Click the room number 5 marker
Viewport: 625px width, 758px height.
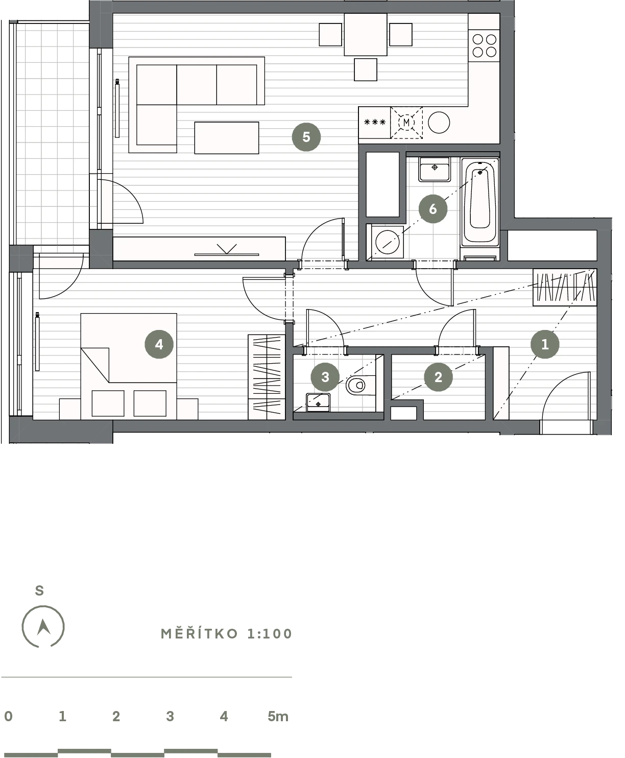[306, 137]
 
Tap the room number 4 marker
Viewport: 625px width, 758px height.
[159, 344]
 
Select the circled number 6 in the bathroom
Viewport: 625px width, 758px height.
[432, 209]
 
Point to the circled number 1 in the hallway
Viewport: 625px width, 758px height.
[545, 344]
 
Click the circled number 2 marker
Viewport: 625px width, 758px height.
[438, 377]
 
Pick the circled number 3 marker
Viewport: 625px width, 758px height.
[325, 377]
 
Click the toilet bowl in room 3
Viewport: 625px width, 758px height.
[359, 385]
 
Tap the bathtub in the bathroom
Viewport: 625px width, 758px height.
[480, 203]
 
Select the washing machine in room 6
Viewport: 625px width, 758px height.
[387, 242]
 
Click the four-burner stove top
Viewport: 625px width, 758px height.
[484, 46]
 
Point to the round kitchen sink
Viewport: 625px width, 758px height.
[439, 123]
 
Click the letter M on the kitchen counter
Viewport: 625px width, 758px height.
[406, 123]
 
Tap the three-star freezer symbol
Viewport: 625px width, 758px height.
[375, 123]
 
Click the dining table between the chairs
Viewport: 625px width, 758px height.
[366, 35]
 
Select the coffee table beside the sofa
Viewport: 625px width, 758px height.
[227, 137]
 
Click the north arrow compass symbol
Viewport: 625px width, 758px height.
[43, 626]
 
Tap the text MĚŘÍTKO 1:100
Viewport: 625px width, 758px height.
[226, 633]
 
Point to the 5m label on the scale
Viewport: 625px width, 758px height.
[278, 716]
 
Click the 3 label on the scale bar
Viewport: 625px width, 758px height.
[170, 716]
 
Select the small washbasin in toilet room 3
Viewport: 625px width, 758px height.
[318, 402]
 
